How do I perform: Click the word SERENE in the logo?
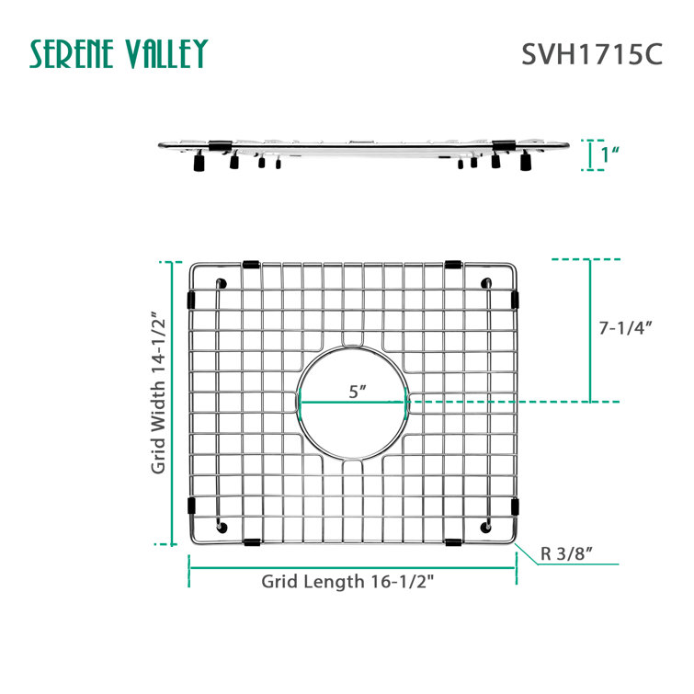point(74,54)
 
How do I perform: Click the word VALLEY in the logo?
point(166,54)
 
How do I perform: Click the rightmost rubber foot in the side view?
point(526,163)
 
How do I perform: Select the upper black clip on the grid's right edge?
point(514,300)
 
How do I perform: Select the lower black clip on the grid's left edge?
point(191,506)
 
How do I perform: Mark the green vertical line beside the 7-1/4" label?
point(590,331)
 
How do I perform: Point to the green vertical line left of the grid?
point(171,403)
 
